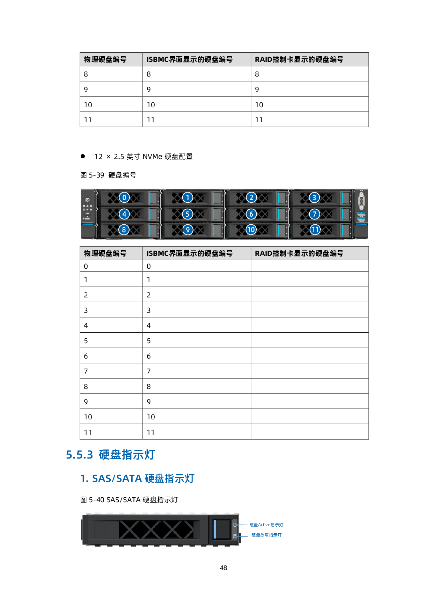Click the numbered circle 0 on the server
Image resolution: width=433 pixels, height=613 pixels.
124,197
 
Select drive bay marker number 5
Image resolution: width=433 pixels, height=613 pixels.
188,214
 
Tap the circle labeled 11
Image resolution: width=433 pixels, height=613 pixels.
315,230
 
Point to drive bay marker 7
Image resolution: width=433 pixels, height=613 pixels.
315,214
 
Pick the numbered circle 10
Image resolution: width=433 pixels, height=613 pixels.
251,230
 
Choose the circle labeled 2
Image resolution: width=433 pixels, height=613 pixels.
251,197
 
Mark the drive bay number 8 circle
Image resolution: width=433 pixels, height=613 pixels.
124,230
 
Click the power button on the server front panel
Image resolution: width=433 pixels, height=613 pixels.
87,200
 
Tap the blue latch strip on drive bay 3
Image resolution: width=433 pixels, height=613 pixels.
342,198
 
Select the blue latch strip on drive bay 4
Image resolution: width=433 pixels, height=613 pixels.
150,214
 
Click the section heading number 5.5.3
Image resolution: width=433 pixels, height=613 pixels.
80,455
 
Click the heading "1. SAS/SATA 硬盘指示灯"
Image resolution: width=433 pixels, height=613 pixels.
137,478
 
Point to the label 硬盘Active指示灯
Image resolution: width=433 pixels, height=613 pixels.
266,525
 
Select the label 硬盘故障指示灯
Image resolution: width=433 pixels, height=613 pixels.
266,535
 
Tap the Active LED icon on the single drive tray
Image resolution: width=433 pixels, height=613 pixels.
235,525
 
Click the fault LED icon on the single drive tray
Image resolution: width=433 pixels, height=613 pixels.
235,535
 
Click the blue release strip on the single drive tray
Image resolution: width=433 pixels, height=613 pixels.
215,529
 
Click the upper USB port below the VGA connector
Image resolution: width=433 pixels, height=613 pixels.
361,214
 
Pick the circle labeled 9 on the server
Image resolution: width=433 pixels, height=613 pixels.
188,230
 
